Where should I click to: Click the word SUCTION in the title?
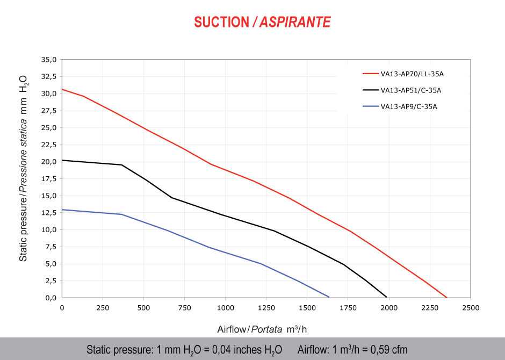click(221, 21)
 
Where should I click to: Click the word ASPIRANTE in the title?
click(295, 21)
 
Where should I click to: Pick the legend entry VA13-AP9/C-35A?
click(409, 106)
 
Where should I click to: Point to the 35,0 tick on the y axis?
click(48, 60)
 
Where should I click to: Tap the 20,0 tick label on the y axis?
click(48, 162)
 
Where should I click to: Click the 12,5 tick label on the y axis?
click(48, 213)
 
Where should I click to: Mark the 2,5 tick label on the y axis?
click(50, 280)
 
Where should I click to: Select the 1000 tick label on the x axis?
click(225, 308)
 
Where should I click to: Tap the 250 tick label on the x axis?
click(103, 308)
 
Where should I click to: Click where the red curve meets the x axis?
click(446, 297)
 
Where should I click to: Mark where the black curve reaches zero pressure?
click(386, 297)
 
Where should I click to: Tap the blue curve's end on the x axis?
click(329, 297)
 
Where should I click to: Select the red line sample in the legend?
click(371, 74)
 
